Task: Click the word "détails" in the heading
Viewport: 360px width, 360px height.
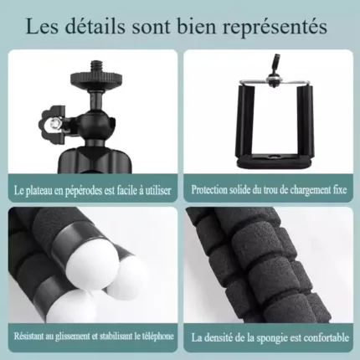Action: point(95,27)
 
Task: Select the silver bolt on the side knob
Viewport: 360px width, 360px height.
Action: point(55,122)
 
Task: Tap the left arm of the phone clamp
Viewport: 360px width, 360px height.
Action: point(246,121)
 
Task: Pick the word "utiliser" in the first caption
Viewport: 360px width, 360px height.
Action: point(158,191)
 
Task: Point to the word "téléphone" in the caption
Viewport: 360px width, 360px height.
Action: point(157,337)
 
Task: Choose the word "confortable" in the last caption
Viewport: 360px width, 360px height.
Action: point(327,337)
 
